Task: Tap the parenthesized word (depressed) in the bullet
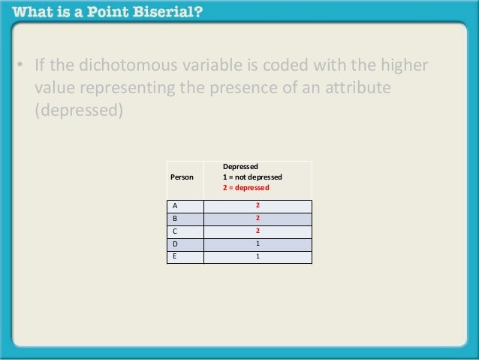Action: pos(78,110)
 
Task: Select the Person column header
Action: pos(182,177)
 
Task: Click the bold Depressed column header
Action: pos(240,167)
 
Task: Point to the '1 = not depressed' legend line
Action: pos(252,177)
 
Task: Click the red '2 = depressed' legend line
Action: pos(246,188)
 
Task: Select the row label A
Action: pos(175,205)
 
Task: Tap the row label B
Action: pos(175,218)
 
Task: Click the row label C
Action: pos(175,231)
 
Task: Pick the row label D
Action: pos(175,244)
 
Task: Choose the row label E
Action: pos(175,256)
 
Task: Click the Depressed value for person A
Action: pos(258,205)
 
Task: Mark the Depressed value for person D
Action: pos(258,244)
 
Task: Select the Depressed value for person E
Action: pos(258,256)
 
